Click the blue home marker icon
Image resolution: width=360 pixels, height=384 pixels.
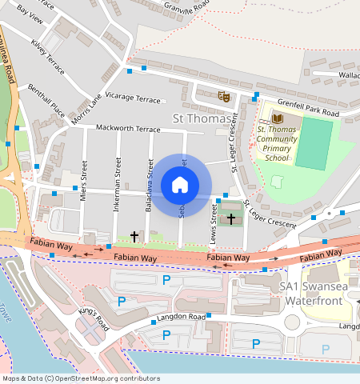click(180, 186)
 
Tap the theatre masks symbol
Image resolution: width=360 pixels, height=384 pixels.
click(225, 96)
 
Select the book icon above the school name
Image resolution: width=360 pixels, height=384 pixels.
click(277, 118)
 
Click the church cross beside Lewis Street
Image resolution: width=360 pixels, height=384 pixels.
click(232, 218)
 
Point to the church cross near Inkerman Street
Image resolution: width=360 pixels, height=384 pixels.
click(134, 237)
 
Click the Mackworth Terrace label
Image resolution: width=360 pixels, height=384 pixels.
click(128, 128)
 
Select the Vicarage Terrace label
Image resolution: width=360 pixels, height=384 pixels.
click(133, 99)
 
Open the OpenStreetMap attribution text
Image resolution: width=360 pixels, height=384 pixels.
click(81, 378)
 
